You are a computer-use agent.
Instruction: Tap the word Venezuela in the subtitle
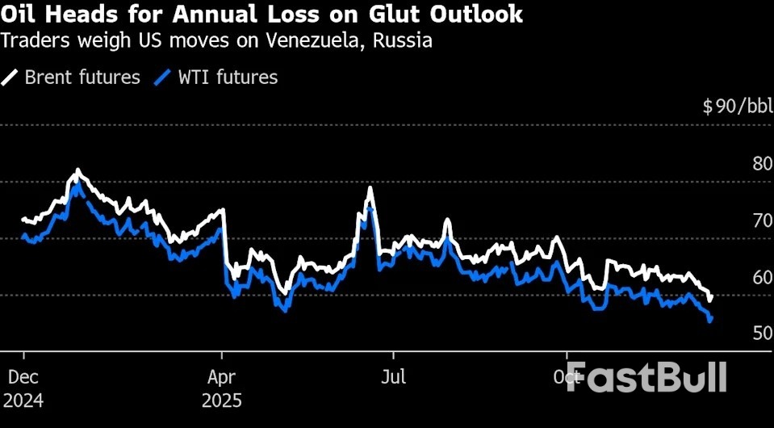307,41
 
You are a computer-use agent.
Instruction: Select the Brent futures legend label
82,78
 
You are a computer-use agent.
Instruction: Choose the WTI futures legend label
228,78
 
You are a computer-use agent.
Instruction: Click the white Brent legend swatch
10,78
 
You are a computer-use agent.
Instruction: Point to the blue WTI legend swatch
165,78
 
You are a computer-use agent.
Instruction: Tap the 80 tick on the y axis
762,164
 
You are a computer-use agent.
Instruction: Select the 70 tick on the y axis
762,220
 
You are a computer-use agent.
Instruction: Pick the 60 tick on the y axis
762,277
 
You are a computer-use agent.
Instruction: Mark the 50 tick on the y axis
762,333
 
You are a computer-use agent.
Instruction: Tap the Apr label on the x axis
222,376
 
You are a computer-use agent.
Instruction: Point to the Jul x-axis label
394,376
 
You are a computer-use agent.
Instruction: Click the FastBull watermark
646,376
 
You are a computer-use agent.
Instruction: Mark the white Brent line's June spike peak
370,189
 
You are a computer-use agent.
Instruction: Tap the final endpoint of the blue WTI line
710,321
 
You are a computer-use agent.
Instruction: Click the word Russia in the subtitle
402,41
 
